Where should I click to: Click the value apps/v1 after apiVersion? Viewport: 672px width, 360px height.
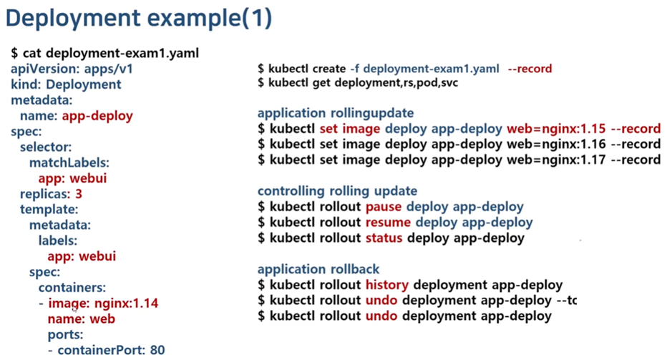pyautogui.click(x=108, y=69)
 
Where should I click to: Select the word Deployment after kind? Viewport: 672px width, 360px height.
pyautogui.click(x=84, y=84)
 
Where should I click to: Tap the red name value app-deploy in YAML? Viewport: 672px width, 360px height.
pyautogui.click(x=97, y=115)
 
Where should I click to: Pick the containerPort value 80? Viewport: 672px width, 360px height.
pyautogui.click(x=157, y=350)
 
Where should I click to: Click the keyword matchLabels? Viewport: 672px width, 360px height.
pyautogui.click(x=69, y=162)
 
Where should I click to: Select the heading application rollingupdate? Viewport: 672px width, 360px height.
pyautogui.click(x=336, y=114)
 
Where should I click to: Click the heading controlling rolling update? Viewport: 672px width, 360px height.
pyautogui.click(x=337, y=191)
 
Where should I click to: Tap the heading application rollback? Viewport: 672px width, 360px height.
pyautogui.click(x=318, y=269)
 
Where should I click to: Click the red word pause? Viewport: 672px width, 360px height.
pyautogui.click(x=384, y=207)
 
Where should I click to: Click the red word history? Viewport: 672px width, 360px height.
pyautogui.click(x=386, y=285)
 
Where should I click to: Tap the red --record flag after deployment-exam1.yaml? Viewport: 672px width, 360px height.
pyautogui.click(x=530, y=69)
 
